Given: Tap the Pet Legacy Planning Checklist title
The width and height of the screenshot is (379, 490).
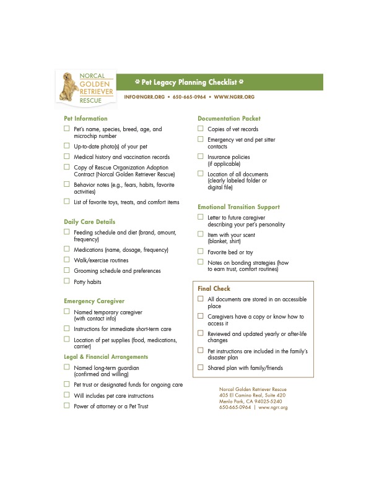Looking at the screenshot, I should pyautogui.click(x=189, y=82).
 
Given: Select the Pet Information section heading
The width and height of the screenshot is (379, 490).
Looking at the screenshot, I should pyautogui.click(x=85, y=118).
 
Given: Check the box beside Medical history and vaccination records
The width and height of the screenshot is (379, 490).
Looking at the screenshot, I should pyautogui.click(x=67, y=157).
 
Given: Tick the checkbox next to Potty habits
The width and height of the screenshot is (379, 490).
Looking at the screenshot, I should pyautogui.click(x=67, y=281).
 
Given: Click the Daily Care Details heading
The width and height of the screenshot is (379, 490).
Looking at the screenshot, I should pyautogui.click(x=89, y=221).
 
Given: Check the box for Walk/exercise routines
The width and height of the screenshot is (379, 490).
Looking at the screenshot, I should pyautogui.click(x=67, y=260).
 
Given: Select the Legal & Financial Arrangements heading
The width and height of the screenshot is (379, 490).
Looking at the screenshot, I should pyautogui.click(x=106, y=356).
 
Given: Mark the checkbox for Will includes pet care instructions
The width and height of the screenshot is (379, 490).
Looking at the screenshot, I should pyautogui.click(x=67, y=395).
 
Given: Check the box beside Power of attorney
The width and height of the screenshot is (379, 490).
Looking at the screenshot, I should pyautogui.click(x=67, y=405).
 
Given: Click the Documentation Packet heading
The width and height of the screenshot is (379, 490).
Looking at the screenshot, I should pyautogui.click(x=229, y=118).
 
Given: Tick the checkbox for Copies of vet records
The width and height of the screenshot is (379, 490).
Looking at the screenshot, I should pyautogui.click(x=201, y=129).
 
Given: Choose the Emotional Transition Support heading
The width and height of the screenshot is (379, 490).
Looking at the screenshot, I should pyautogui.click(x=238, y=207).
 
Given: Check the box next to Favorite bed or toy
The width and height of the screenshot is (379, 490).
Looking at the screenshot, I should pyautogui.click(x=201, y=251).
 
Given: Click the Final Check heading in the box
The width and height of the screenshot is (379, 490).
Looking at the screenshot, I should pyautogui.click(x=214, y=288).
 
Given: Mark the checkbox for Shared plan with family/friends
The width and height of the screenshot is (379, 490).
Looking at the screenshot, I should pyautogui.click(x=201, y=367).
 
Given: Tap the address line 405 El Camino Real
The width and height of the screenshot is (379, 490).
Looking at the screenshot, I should pyautogui.click(x=252, y=395).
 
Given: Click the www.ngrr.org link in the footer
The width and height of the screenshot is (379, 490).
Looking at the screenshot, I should pyautogui.click(x=273, y=407).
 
